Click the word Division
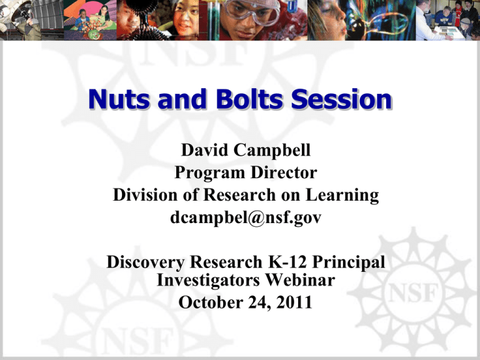coord(141,196)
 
